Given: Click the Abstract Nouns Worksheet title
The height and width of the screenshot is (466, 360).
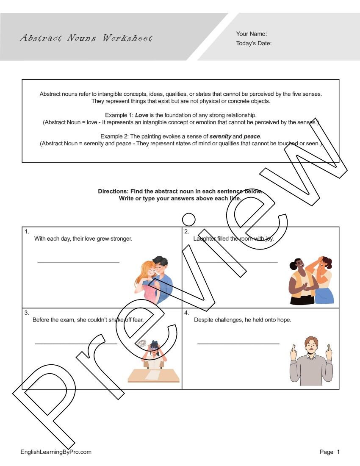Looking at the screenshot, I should (x=86, y=38).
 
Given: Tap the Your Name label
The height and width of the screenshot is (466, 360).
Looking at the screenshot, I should (x=252, y=34).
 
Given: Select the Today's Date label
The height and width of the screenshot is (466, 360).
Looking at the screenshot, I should (x=254, y=43).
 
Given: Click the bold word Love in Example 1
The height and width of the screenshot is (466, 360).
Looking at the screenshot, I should (x=141, y=115).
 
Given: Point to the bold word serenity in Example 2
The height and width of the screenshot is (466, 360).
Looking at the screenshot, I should (x=220, y=136).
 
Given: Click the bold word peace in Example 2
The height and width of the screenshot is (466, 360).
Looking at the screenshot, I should (x=252, y=136).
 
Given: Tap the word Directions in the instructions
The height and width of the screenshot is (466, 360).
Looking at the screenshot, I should (x=113, y=191).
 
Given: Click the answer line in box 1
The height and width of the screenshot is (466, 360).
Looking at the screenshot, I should (x=78, y=263).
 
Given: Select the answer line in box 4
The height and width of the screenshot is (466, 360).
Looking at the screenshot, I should (x=238, y=344).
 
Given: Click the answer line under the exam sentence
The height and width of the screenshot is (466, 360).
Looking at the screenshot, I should (x=76, y=344).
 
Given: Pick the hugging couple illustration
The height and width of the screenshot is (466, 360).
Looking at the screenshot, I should (x=154, y=280).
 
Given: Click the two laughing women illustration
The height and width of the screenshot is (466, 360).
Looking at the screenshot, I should (x=311, y=280).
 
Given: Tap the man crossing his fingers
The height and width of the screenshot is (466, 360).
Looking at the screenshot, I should (x=311, y=361).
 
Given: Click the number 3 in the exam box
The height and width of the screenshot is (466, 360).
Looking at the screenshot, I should (x=26, y=313).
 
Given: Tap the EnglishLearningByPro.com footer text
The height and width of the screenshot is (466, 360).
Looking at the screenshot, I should (x=56, y=452).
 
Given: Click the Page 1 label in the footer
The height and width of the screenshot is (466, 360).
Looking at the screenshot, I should (x=330, y=452).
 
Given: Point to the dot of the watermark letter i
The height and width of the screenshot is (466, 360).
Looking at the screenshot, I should (x=188, y=219).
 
